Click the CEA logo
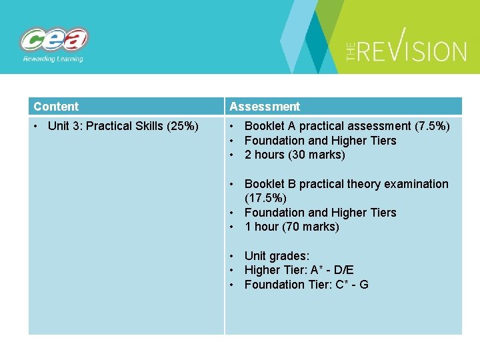point(54,40)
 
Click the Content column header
point(56,107)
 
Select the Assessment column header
point(265,107)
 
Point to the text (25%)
point(181,126)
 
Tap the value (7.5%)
point(432,126)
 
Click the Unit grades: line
point(277,256)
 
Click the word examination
point(415,184)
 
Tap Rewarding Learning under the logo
point(53,59)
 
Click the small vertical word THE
point(353,51)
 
